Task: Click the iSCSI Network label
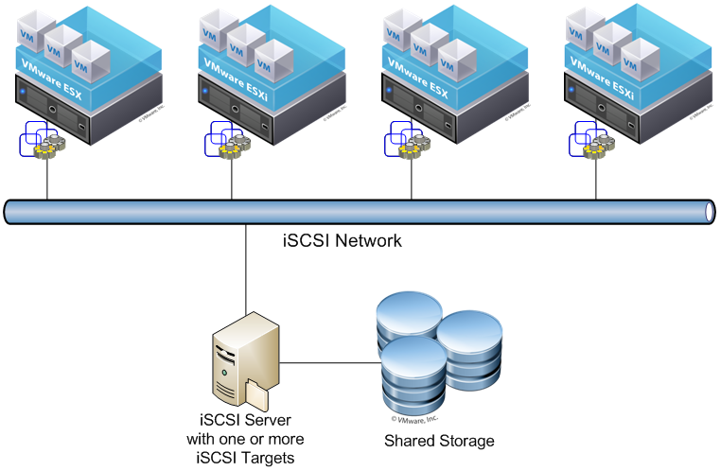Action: coord(342,240)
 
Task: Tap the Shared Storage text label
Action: coord(439,441)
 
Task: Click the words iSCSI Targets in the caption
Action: coord(246,458)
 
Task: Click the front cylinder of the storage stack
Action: coord(413,375)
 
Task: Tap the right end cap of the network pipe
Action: coord(710,212)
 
